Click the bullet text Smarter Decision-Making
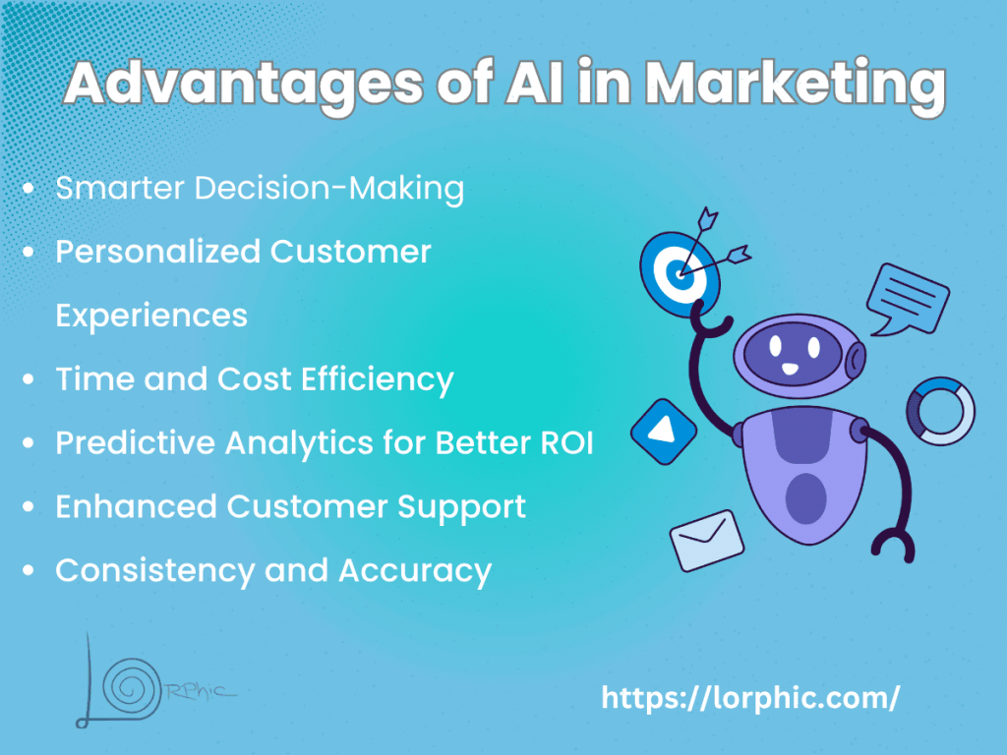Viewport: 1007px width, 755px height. click(260, 189)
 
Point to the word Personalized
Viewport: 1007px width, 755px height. click(157, 252)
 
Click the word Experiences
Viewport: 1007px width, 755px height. click(151, 316)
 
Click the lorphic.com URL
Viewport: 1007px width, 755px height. click(749, 699)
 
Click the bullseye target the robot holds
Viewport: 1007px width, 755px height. click(680, 270)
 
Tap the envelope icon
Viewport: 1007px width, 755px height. click(707, 540)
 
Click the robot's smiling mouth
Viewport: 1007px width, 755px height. click(789, 369)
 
